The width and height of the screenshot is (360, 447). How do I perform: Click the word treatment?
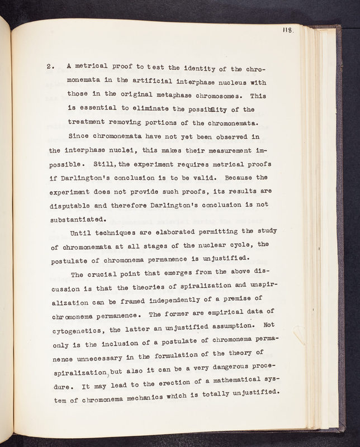(x=87, y=122)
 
